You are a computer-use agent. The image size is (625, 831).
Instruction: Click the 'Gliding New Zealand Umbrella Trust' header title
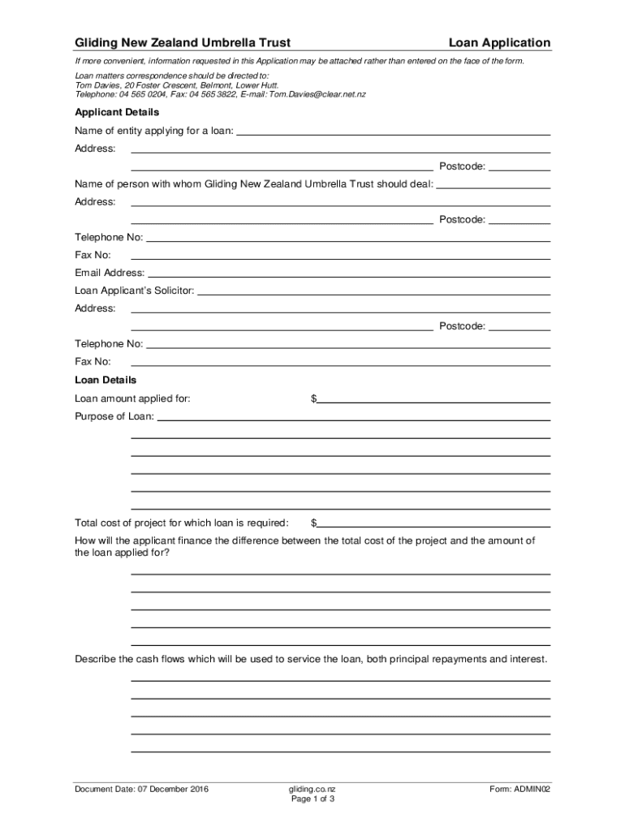183,43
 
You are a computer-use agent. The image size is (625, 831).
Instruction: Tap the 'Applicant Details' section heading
117,112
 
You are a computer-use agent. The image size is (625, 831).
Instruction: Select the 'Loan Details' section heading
106,380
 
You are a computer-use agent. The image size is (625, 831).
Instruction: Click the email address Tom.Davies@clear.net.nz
317,94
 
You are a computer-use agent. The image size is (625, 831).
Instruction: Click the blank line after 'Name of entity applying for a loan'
393,131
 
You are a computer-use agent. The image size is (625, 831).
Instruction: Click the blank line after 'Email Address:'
349,273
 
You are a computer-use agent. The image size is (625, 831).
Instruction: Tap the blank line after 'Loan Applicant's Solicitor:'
373,291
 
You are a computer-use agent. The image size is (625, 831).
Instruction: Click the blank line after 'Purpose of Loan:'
354,417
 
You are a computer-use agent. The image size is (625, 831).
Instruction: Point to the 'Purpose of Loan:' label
114,417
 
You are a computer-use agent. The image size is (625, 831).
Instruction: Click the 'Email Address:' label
110,273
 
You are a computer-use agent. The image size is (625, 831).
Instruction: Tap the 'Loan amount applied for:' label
133,398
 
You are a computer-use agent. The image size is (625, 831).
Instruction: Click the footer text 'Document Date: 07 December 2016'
142,788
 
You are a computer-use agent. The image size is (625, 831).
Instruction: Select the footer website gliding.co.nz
312,788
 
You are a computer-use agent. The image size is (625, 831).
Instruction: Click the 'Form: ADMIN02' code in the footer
519,788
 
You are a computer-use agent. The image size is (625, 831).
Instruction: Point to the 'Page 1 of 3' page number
312,799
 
